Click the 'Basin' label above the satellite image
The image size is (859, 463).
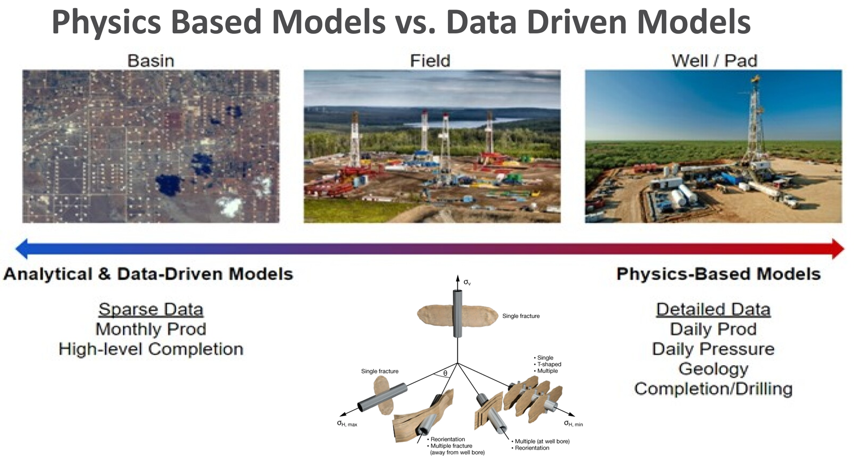(151, 60)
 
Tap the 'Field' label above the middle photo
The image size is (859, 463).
(430, 60)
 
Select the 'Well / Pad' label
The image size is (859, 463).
(714, 60)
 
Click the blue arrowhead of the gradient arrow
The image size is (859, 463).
(22, 249)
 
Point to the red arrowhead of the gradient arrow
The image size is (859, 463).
(837, 249)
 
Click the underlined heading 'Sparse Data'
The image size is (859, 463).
(151, 309)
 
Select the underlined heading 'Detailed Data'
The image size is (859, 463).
(713, 309)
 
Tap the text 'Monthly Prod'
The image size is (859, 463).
(151, 329)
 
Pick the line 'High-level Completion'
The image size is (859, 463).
(151, 349)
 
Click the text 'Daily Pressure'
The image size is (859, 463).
(713, 349)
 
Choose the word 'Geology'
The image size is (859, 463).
(713, 369)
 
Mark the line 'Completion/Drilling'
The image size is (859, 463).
(713, 389)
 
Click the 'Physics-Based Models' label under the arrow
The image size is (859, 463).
(718, 274)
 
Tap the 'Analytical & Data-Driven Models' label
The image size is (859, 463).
(148, 274)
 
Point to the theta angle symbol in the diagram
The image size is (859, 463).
(445, 373)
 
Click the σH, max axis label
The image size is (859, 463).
(347, 423)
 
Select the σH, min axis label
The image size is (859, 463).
(573, 423)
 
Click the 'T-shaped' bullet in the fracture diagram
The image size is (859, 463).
(547, 364)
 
